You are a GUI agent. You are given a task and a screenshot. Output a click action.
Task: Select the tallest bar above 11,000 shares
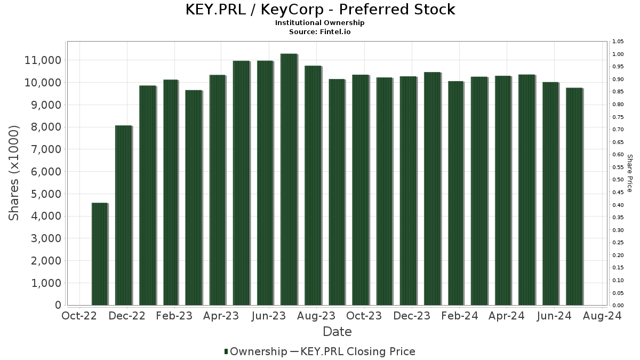tap(289, 179)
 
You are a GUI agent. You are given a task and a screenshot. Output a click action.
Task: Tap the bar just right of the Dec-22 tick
tap(147, 195)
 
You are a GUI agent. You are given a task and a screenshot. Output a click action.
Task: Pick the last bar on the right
tap(574, 196)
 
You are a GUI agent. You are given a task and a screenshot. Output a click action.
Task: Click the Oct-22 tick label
tap(79, 316)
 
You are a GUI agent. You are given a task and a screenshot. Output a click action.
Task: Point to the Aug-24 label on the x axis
tap(602, 316)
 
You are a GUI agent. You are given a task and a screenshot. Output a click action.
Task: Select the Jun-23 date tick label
tap(269, 316)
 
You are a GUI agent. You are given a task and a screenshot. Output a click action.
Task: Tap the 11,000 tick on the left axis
tap(43, 60)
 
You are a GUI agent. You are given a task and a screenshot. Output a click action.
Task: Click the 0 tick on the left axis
tap(57, 305)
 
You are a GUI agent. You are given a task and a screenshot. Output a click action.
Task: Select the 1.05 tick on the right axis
tap(618, 42)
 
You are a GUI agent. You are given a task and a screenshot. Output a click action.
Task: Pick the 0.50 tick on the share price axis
tap(618, 180)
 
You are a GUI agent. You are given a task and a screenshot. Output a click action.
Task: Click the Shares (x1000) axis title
tap(14, 173)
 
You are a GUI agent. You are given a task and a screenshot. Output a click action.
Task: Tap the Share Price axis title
tap(630, 173)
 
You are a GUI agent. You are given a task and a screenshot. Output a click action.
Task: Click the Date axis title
tap(337, 332)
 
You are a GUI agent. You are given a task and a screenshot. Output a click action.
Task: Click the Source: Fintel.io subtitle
tap(320, 31)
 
